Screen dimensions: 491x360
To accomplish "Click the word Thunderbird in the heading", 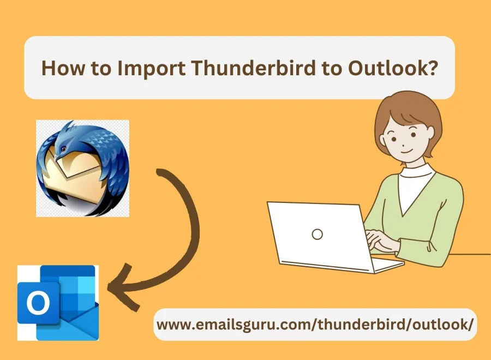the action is pyautogui.click(x=254, y=68).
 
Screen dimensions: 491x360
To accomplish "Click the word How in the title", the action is pyautogui.click(x=61, y=68).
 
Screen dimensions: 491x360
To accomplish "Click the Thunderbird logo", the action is pyautogui.click(x=83, y=169).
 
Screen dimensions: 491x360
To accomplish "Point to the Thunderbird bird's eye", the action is pyautogui.click(x=64, y=148).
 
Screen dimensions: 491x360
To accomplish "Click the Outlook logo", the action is pyautogui.click(x=58, y=303).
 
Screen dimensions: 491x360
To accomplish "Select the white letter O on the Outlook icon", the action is pyautogui.click(x=38, y=303).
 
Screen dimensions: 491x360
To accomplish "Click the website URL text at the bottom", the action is pyautogui.click(x=315, y=325).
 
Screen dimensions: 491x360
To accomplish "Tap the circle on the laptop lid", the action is pyautogui.click(x=317, y=234).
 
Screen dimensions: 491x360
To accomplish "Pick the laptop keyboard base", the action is pyautogui.click(x=342, y=265).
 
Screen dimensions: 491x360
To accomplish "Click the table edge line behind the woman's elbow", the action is pyautogui.click(x=470, y=254).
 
